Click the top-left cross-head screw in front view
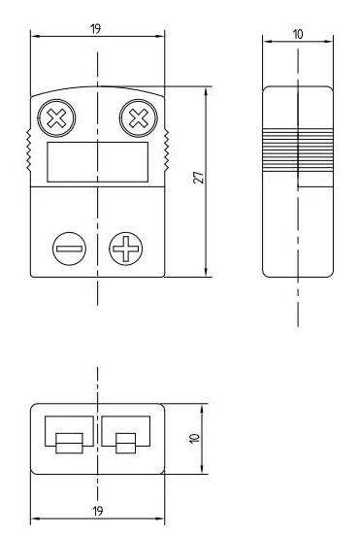point(56,118)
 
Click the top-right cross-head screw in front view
point(139,118)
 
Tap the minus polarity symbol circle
point(70,249)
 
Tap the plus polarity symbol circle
point(126,249)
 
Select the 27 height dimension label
point(199,178)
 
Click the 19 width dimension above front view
point(96,28)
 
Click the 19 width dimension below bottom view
point(98,511)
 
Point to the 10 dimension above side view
point(298,34)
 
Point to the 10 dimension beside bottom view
point(194,438)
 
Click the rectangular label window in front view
point(98,162)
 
